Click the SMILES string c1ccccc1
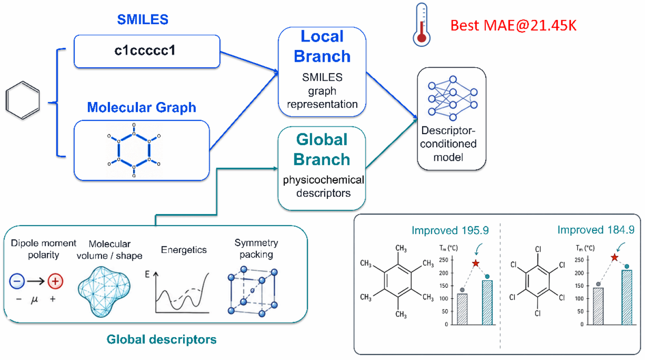145,50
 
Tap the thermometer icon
421,24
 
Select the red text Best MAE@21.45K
513,25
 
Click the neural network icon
453,98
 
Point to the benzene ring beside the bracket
22,100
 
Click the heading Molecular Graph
142,107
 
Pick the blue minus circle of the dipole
17,281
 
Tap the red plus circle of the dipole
55,281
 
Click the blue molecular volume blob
104,292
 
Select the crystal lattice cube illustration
253,292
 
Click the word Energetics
184,250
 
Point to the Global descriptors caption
161,339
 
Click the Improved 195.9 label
450,230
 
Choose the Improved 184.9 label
596,230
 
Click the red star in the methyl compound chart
476,263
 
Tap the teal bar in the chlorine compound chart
627,297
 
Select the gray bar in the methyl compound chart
462,309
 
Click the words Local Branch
322,46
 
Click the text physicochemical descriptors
323,186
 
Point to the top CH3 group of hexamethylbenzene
401,248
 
